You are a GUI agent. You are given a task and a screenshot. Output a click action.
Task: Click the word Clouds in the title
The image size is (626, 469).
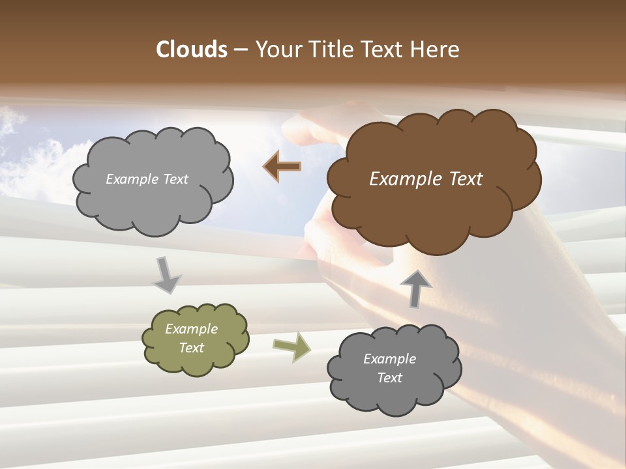[x=192, y=50]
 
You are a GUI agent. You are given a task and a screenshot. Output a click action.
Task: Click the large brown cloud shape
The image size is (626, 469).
[x=433, y=195]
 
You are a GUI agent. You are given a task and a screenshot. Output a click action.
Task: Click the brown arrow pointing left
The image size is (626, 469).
[x=282, y=167]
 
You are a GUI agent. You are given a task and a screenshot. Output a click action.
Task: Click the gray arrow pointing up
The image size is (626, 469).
[x=415, y=287]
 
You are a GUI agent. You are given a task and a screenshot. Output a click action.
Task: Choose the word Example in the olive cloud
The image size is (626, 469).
[x=191, y=330]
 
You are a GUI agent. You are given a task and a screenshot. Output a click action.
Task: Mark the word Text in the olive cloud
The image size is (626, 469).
[x=191, y=348]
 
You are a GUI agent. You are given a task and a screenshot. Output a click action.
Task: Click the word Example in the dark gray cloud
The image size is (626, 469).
[x=389, y=359]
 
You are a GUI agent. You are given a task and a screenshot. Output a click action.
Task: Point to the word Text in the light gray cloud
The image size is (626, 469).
[x=174, y=179]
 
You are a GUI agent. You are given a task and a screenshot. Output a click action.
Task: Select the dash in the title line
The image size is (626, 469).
[x=241, y=50]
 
